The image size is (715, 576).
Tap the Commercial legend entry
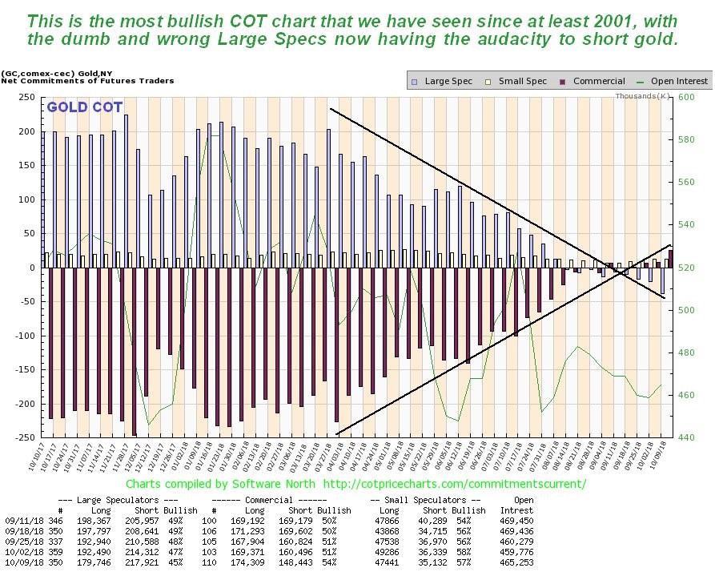593,81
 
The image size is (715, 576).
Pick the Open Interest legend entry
673,81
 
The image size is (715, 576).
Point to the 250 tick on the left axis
26,97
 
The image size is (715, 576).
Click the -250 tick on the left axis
24,437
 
